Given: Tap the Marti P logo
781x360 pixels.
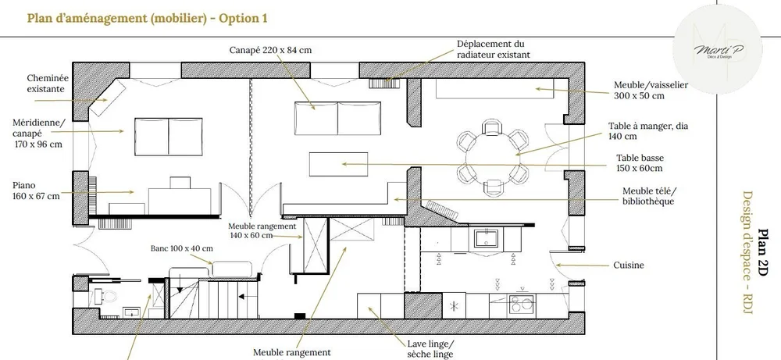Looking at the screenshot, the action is (x=719, y=48).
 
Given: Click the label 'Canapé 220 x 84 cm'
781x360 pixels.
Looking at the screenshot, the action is (x=270, y=50).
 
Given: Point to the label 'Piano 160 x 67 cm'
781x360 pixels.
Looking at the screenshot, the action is (x=36, y=191).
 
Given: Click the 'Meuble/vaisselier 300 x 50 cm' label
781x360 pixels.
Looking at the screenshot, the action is (x=651, y=91).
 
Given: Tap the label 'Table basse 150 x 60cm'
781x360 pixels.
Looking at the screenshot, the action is (x=640, y=162).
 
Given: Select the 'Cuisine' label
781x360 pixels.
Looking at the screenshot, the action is (x=629, y=266).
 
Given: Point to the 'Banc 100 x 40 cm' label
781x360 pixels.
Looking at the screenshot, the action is (x=180, y=248).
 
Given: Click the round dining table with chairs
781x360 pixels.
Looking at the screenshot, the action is (x=491, y=154).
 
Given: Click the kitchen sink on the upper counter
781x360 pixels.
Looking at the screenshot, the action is (x=490, y=237).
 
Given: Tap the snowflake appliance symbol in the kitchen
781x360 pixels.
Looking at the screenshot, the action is (x=453, y=307).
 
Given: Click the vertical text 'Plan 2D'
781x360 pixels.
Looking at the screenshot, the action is (x=763, y=251).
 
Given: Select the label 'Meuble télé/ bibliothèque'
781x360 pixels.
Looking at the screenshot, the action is (x=648, y=196).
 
